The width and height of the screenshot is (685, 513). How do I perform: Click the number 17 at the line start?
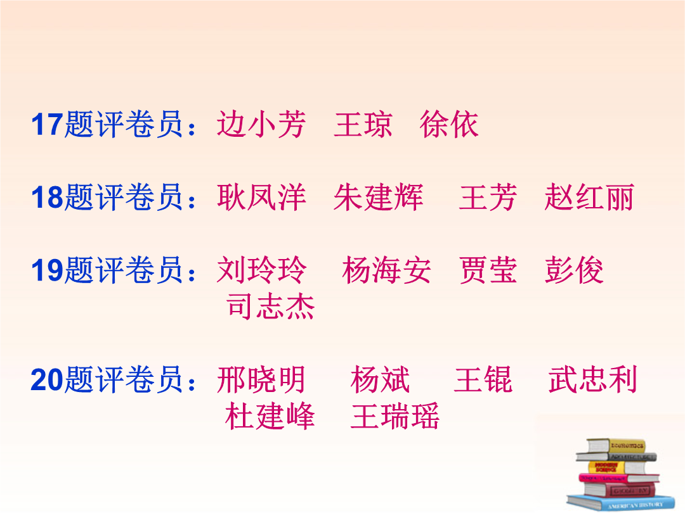48,125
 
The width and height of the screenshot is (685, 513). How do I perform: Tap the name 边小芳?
261,124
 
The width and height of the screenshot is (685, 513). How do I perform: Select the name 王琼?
363,124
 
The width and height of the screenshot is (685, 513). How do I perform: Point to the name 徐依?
449,124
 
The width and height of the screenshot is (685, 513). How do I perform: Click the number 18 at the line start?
48,197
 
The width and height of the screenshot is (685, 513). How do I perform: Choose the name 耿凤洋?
261,197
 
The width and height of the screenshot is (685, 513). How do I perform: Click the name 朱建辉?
378,197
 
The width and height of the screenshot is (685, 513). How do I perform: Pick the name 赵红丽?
589,197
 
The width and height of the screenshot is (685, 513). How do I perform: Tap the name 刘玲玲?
261,270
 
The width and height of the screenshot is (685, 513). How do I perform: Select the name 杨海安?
387,270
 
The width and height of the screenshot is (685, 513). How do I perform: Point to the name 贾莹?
488,270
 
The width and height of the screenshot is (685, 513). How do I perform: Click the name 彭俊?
574,270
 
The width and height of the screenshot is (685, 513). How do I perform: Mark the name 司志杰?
270,307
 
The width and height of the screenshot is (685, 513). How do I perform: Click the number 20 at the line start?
48,379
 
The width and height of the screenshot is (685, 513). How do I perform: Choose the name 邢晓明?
261,379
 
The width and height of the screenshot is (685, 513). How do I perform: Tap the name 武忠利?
593,379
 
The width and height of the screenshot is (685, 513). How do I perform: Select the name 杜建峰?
270,415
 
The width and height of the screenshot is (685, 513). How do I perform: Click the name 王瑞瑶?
395,415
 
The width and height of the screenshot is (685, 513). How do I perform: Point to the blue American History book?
621,502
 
